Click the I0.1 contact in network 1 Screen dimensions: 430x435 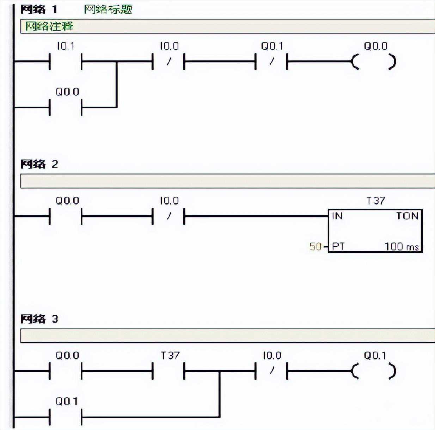(66, 62)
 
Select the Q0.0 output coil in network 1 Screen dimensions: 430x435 (374, 62)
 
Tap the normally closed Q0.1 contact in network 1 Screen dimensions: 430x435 (271, 62)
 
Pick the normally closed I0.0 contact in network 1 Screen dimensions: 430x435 (169, 62)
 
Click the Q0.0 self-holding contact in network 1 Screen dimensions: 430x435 (66, 107)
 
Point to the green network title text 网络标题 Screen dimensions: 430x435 (108, 9)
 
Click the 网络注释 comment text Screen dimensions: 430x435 (49, 26)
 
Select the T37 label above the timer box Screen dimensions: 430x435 (375, 201)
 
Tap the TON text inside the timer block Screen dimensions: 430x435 (407, 216)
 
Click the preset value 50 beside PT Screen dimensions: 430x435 (315, 246)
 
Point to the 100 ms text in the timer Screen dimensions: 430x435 (402, 246)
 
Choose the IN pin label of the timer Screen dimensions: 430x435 (337, 216)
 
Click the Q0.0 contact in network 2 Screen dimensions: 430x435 (66, 216)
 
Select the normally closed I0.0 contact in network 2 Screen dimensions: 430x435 (169, 216)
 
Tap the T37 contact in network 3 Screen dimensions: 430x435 (169, 371)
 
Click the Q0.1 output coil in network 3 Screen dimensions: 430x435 (374, 372)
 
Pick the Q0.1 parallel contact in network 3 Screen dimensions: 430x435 (66, 417)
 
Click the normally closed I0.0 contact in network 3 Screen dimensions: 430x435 (271, 371)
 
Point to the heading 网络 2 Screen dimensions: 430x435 (39, 164)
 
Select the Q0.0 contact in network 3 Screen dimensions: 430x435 (66, 371)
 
